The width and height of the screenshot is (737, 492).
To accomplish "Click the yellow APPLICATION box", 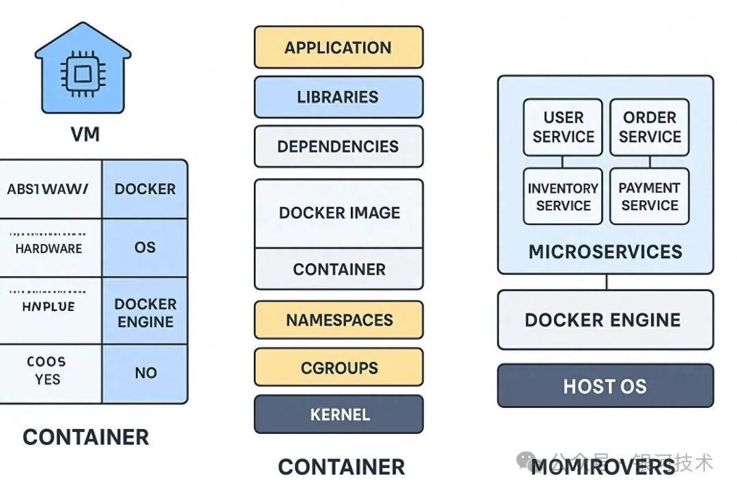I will [338, 47].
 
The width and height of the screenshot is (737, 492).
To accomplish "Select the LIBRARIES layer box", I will [338, 96].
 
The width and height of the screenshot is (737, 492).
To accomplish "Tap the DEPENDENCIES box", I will [338, 146].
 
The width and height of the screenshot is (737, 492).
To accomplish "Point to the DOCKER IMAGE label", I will [339, 213].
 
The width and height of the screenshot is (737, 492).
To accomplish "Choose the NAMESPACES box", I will [338, 320].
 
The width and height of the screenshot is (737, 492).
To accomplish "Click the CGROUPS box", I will [338, 368].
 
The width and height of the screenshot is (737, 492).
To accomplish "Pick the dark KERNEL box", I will [338, 414].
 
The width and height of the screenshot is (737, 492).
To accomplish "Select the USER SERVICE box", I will [563, 127].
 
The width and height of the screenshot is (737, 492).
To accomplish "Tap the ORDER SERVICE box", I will [649, 127].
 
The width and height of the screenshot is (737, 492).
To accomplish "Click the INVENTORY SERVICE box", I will [563, 196].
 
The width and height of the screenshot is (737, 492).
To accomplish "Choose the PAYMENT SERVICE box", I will [649, 196].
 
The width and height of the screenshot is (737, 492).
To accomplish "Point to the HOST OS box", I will [605, 386].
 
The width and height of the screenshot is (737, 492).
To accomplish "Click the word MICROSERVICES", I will [605, 251].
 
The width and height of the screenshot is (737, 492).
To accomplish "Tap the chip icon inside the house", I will [83, 71].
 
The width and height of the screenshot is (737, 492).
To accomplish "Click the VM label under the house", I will [85, 134].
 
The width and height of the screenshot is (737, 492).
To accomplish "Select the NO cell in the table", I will [145, 373].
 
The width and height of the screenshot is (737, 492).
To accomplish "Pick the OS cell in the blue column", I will [145, 247].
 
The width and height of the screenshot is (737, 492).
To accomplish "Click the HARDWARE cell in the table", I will [48, 249].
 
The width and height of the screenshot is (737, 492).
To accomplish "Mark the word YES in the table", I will [47, 379].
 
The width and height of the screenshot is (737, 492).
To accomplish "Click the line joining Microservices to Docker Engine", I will [606, 282].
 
